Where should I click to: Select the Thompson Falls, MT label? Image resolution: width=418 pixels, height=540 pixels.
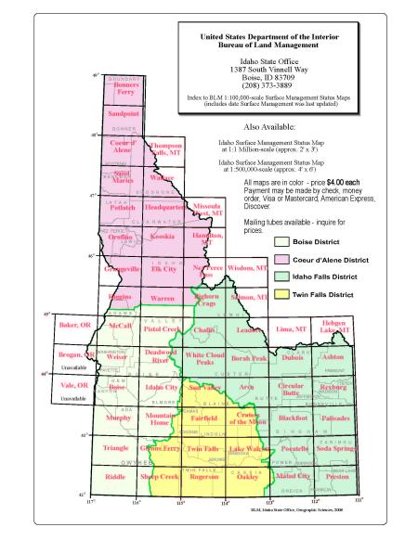(x=166, y=148)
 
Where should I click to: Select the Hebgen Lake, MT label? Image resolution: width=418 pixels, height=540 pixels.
(x=342, y=327)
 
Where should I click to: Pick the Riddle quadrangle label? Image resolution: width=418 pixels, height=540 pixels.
(x=116, y=477)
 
